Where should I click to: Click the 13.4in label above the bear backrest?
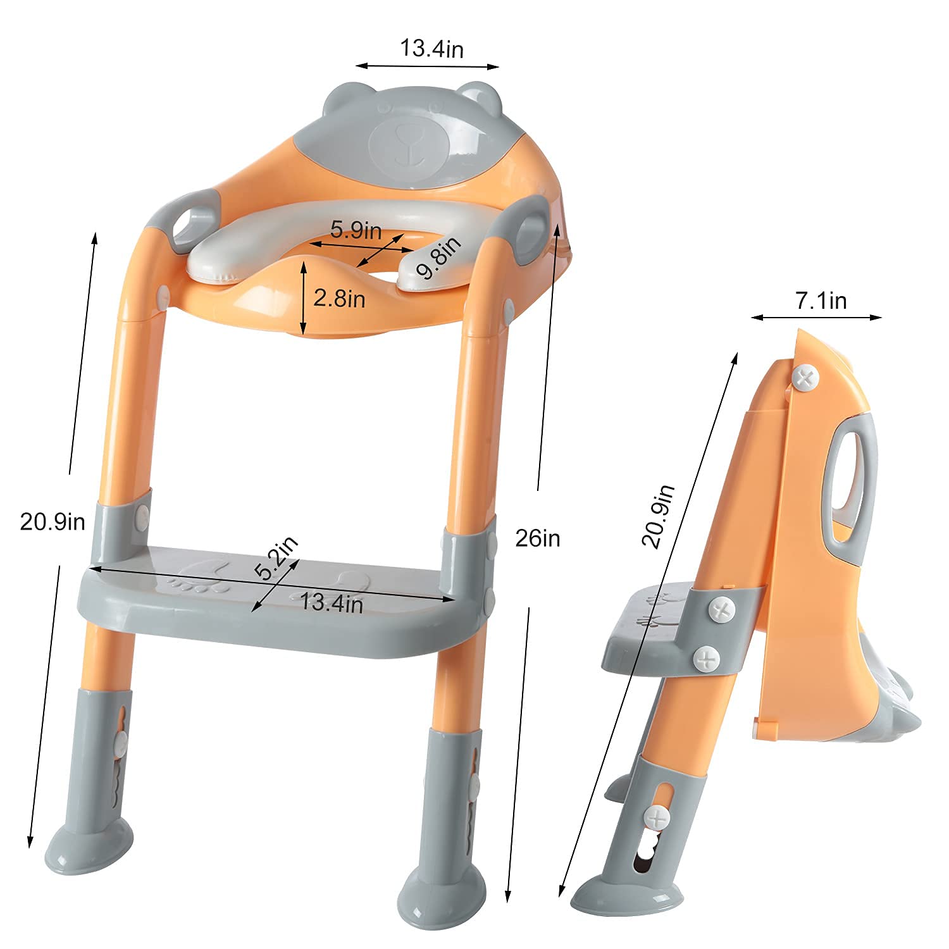point(431,49)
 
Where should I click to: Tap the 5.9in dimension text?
point(356,230)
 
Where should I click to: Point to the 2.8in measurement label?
point(339,298)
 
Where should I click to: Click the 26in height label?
point(538,538)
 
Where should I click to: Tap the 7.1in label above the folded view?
point(821,301)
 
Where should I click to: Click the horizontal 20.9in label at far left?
point(53,522)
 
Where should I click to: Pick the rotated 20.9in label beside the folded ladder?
point(658,516)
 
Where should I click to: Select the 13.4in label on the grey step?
point(332,602)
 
